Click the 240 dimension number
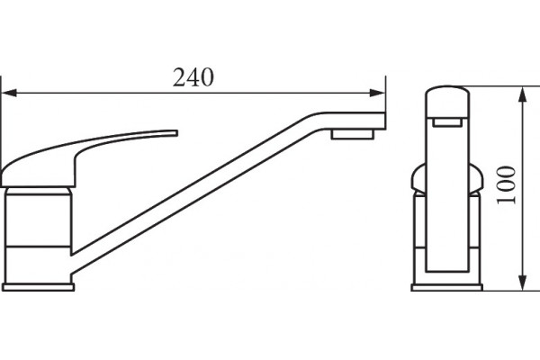(x=193, y=77)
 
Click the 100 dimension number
(x=506, y=185)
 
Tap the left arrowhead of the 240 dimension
(x=9, y=93)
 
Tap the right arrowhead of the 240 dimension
(x=377, y=93)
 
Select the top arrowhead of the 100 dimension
(x=523, y=94)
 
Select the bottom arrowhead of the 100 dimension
(x=523, y=283)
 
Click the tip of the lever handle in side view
(x=175, y=133)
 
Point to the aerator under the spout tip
(x=352, y=134)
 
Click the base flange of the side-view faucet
(x=38, y=287)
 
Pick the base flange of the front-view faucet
(x=447, y=287)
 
